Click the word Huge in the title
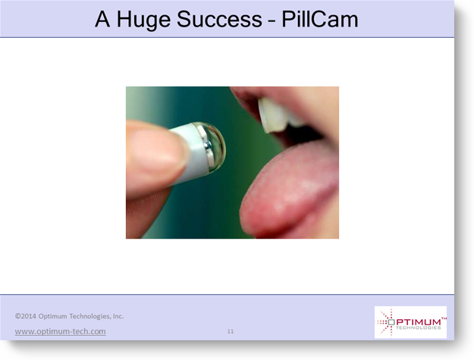143,20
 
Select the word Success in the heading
219,20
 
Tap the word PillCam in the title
320,20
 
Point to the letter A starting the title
102,20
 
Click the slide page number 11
231,331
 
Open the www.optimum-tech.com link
60,331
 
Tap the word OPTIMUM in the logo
414,322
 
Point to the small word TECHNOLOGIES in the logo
418,328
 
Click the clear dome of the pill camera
215,147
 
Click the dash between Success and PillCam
272,21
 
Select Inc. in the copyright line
118,316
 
